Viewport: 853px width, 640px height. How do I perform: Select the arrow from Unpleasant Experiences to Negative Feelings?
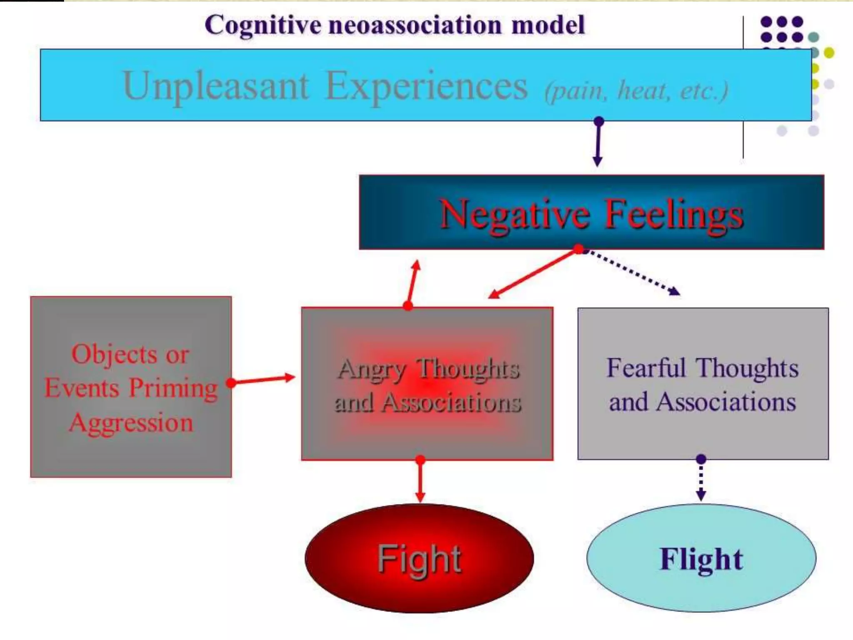[598, 144]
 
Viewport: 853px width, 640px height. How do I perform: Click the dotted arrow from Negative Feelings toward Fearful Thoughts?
[631, 272]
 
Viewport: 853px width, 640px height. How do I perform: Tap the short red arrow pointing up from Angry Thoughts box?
[412, 283]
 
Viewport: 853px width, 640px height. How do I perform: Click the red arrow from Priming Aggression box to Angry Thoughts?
[262, 380]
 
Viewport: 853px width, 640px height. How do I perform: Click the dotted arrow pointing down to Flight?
[701, 479]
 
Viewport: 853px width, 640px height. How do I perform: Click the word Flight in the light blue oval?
[701, 559]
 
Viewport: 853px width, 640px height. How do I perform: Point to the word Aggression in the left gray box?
[131, 422]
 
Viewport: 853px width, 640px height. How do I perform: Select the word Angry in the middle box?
[372, 370]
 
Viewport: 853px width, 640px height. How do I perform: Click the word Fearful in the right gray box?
[646, 368]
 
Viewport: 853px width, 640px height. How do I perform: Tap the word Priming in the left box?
[173, 388]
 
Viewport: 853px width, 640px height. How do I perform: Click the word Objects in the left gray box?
[114, 355]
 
